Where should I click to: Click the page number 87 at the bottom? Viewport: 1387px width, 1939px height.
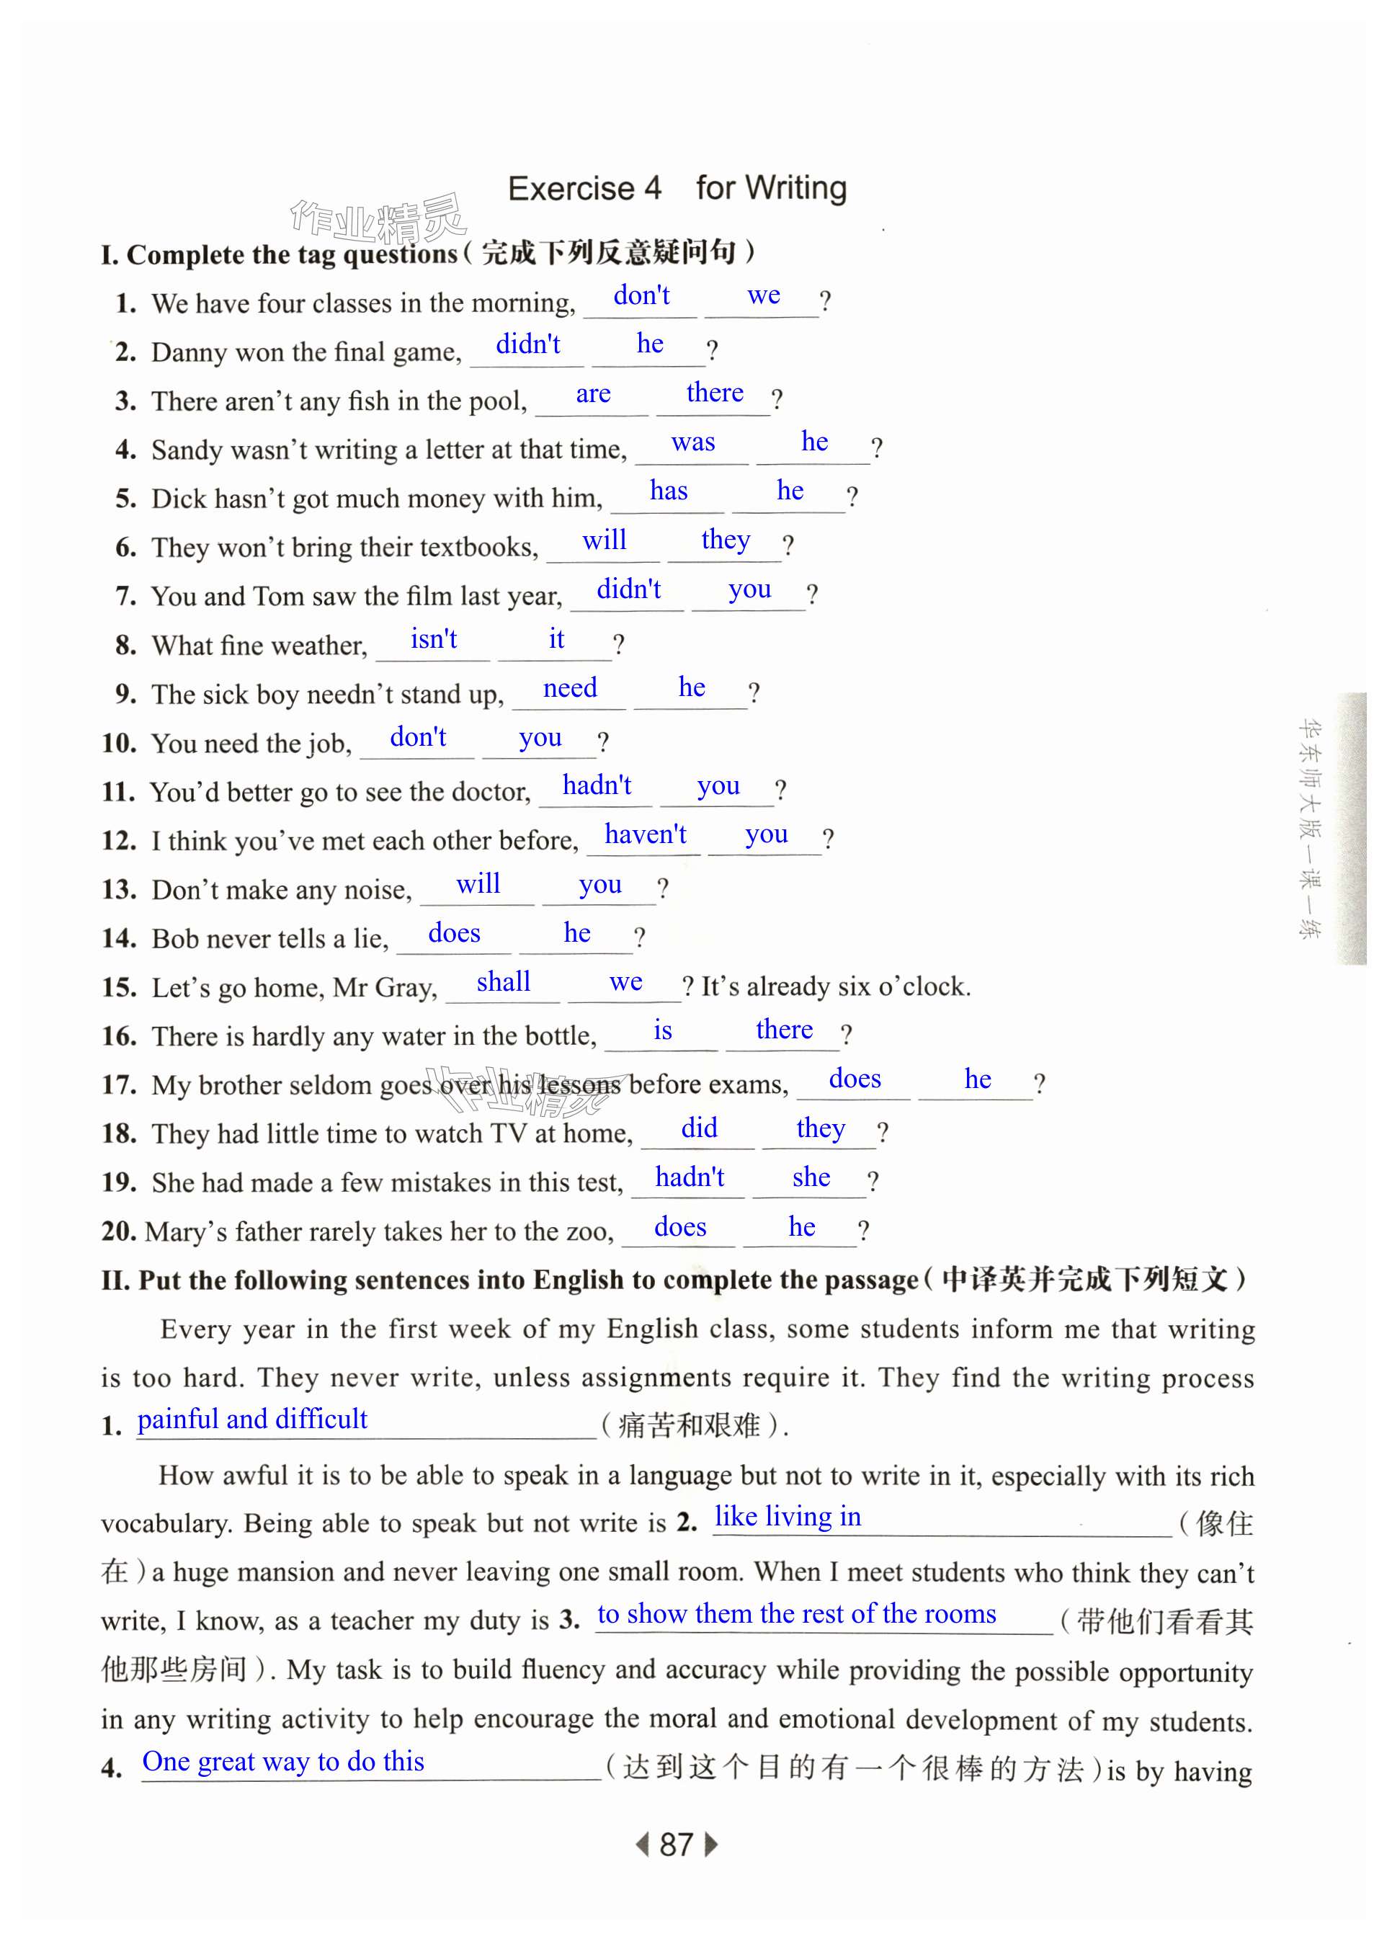[676, 1844]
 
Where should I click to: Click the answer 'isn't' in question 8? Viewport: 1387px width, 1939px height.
[433, 639]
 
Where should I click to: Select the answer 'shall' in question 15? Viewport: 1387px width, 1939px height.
[503, 981]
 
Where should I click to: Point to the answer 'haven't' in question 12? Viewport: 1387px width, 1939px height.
[645, 834]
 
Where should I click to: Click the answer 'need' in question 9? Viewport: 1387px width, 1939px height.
[570, 687]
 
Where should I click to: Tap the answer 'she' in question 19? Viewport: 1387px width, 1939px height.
[811, 1177]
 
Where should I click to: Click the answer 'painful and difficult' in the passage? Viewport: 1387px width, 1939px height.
[252, 1419]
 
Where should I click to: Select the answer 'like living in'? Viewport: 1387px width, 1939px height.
[788, 1516]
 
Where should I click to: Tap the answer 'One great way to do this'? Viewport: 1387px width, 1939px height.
[282, 1760]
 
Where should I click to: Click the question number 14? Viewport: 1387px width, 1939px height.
[119, 939]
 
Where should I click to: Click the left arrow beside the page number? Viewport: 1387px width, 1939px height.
[642, 1844]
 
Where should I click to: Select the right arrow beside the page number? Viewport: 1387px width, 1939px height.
[710, 1844]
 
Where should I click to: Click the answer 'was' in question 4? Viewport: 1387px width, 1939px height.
[692, 442]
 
